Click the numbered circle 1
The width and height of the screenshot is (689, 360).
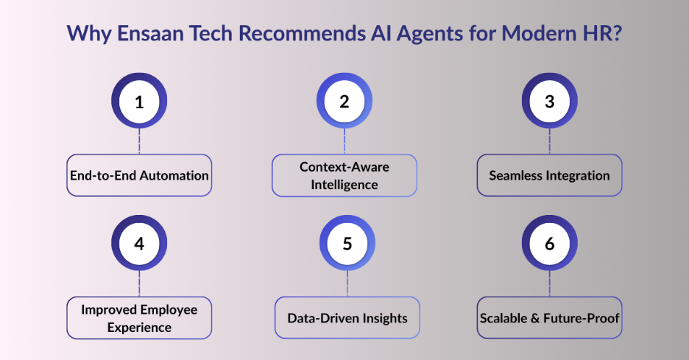(x=139, y=102)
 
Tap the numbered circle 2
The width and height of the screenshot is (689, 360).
(x=344, y=102)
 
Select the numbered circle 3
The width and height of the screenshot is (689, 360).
(x=549, y=102)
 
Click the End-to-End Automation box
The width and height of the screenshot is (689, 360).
(x=139, y=175)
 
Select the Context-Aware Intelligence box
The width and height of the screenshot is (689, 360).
(x=344, y=175)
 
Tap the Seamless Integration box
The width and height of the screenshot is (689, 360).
(x=549, y=175)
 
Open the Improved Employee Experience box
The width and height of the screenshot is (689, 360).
(x=139, y=317)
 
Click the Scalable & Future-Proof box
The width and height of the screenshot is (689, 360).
(x=549, y=317)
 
